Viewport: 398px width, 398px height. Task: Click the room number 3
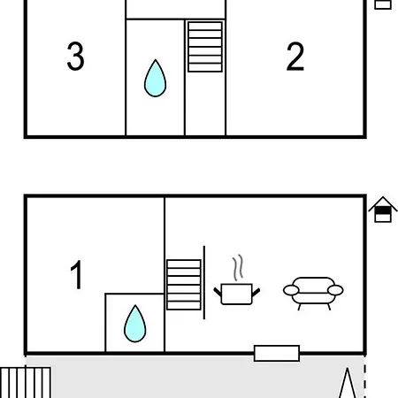(x=76, y=56)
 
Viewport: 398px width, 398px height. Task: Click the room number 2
(x=295, y=56)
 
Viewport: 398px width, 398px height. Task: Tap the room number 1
(x=76, y=274)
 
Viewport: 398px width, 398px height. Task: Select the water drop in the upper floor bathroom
(x=155, y=79)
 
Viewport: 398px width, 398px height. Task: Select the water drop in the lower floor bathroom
(x=135, y=324)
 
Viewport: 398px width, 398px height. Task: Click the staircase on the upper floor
(x=205, y=47)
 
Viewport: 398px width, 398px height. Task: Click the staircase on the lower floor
(x=184, y=285)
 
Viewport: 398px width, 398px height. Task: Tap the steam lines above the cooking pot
(x=238, y=268)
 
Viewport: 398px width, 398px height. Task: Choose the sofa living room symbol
(x=313, y=294)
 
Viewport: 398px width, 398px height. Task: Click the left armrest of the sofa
(x=291, y=290)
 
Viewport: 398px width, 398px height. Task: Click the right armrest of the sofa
(x=335, y=290)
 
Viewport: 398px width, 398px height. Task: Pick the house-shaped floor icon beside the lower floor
(x=383, y=210)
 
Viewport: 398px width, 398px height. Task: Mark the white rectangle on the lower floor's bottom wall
(x=277, y=353)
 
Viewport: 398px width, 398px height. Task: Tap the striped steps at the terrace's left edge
(x=26, y=382)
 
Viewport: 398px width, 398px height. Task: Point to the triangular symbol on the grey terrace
(x=348, y=383)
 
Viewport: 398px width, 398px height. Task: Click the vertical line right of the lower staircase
(x=204, y=282)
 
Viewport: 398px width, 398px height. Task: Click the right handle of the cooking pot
(x=256, y=293)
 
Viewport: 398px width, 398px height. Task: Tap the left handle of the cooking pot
(x=218, y=293)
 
